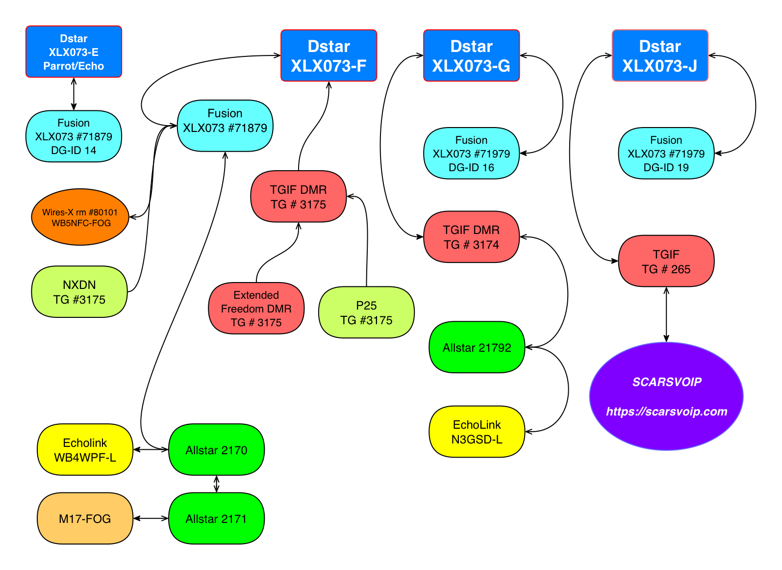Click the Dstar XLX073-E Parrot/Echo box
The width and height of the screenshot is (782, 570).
point(74,52)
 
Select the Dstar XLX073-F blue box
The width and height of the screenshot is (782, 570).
point(328,55)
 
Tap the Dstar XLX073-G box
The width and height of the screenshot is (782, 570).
point(471,55)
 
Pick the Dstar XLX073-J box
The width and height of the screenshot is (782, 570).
point(660,55)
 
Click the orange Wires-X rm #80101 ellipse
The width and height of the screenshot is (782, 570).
point(80,217)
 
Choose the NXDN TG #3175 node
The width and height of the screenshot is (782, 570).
point(79,292)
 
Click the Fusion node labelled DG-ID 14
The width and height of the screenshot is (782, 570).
point(74,136)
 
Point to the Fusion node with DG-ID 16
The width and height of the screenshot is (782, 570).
point(471,154)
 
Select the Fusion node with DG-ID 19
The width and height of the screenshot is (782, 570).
point(666,154)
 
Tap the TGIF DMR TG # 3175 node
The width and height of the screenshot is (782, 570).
point(298,197)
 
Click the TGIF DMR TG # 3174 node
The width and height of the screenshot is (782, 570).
point(471,237)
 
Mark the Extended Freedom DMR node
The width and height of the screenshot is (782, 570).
point(256,309)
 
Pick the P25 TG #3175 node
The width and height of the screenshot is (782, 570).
point(366,312)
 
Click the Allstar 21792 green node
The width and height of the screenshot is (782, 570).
point(477,347)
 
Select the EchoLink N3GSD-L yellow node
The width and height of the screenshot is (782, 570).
point(477,432)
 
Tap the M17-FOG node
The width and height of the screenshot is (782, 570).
point(85,518)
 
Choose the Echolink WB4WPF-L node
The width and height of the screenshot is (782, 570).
point(85,450)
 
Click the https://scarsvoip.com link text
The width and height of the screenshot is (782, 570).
point(666,412)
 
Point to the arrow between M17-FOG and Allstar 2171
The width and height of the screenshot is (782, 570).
point(151,518)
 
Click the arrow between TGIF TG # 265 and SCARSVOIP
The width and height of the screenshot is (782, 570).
point(666,314)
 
